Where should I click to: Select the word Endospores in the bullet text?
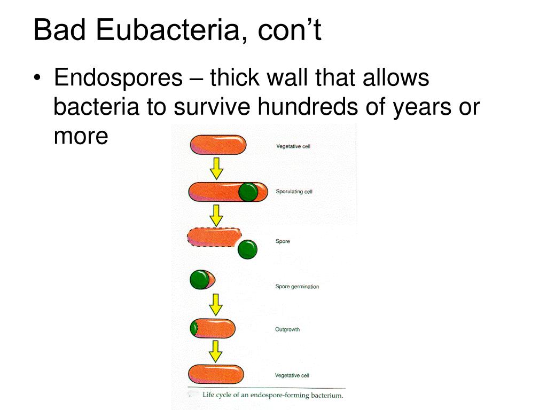click(118, 78)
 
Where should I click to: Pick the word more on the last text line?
click(81, 137)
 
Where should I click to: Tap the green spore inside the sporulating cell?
click(248, 192)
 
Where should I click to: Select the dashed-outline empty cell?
click(214, 236)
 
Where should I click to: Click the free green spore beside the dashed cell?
click(247, 249)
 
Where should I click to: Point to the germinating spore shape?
click(202, 280)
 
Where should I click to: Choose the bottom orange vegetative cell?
click(216, 374)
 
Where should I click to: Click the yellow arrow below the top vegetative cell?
click(216, 169)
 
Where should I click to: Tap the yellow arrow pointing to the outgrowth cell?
click(215, 304)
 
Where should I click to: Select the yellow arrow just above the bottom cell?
click(215, 351)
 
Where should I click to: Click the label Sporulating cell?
click(294, 192)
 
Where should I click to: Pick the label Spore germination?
click(297, 287)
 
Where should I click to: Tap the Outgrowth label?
click(287, 329)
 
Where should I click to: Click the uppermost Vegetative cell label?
click(293, 146)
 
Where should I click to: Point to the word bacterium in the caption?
click(322, 396)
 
